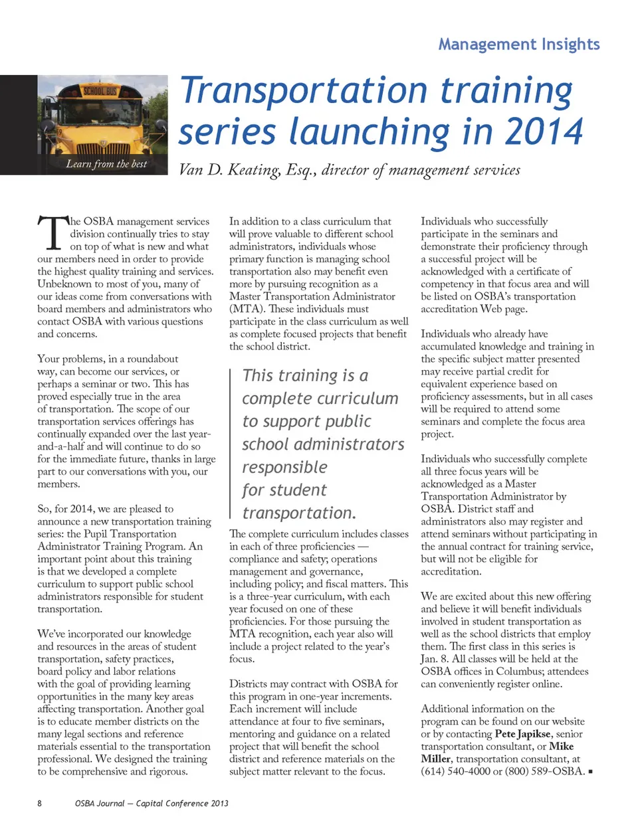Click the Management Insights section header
coord(518,45)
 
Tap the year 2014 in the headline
coord(544,131)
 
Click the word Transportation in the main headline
coord(304,90)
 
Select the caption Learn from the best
coord(106,164)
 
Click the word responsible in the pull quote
coord(284,467)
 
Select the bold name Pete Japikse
coord(523,734)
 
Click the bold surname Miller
coord(436,759)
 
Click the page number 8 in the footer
coord(40,803)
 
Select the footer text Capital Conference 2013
coord(182,803)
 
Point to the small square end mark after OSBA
coord(591,772)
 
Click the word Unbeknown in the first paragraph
coord(64,284)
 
